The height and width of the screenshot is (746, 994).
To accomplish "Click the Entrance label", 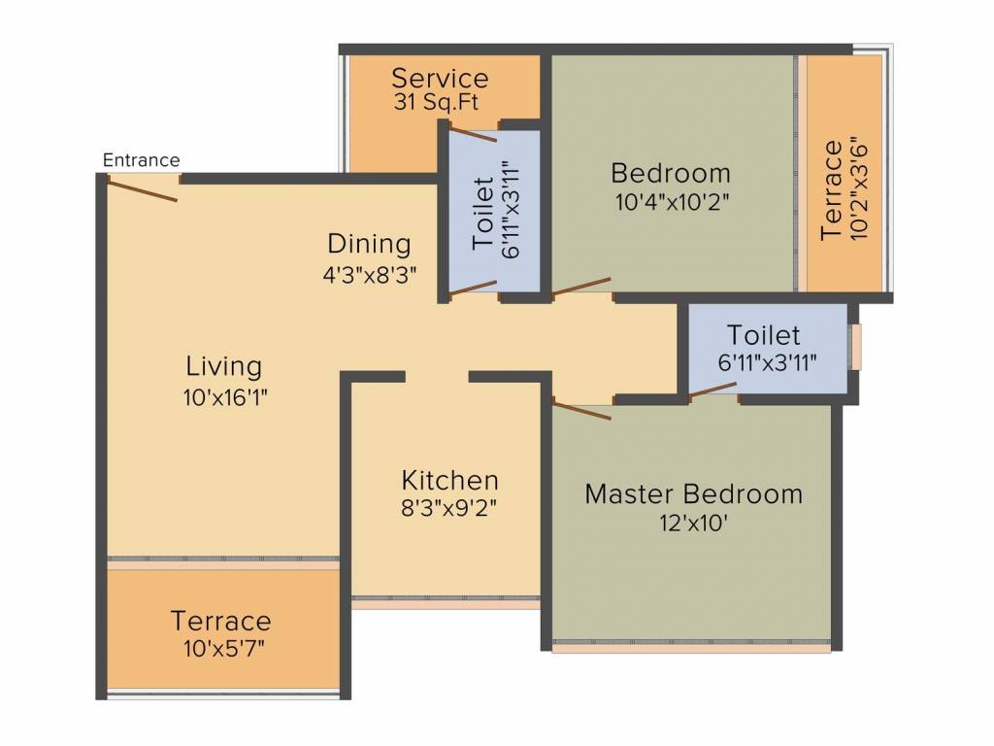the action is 142,160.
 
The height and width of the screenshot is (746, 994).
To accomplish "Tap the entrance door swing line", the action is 142,190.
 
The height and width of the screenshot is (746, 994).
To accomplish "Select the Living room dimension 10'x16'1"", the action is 225,397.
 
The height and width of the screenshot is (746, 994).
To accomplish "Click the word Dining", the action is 369,244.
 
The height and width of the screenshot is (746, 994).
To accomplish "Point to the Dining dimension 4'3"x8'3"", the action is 370,275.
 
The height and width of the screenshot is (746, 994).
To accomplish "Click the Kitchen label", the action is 450,480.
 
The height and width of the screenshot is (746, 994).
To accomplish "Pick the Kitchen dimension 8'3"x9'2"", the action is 448,508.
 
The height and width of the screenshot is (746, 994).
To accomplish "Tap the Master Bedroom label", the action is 693,494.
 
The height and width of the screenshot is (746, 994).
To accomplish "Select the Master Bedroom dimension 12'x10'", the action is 693,524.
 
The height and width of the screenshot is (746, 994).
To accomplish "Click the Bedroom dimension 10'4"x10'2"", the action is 673,202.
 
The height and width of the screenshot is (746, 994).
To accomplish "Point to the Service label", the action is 440,79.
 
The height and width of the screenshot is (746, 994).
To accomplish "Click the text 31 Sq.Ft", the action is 436,102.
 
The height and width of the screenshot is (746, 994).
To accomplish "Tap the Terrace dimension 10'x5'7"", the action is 224,649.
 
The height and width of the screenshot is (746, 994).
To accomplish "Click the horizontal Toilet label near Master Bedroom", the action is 763,335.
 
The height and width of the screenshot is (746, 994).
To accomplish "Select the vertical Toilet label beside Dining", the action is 483,213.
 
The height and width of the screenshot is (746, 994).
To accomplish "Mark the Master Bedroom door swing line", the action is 582,409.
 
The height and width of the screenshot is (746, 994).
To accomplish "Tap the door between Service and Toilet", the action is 473,134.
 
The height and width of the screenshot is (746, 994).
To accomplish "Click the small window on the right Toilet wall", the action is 856,347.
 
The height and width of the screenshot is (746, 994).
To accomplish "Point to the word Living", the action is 224,366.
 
